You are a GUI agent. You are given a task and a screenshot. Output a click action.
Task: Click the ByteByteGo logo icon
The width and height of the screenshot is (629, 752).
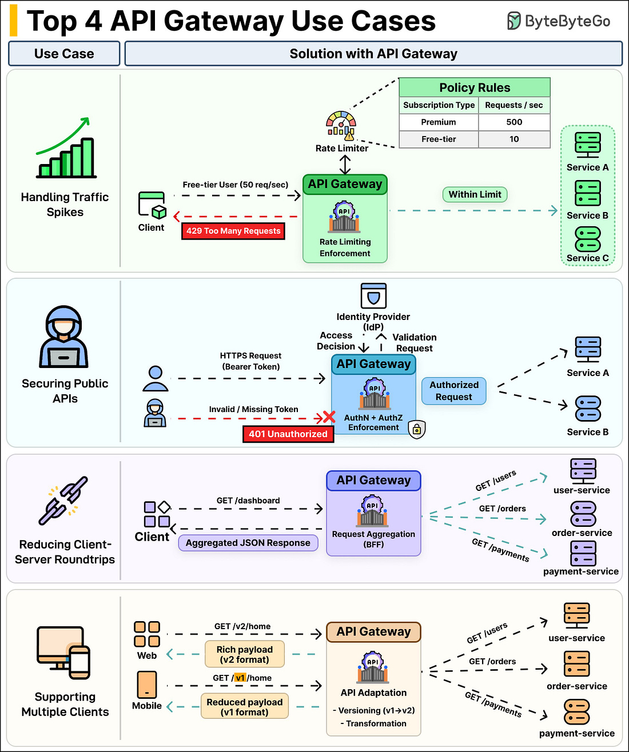click(x=514, y=21)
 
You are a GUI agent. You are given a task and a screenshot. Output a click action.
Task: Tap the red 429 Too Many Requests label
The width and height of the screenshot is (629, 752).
click(x=233, y=231)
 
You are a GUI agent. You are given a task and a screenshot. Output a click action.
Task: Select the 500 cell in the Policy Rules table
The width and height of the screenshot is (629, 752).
click(x=514, y=122)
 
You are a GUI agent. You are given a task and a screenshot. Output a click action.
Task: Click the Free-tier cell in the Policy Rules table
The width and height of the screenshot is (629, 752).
click(x=439, y=139)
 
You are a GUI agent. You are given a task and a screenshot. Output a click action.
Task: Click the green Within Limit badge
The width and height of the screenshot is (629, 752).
click(x=475, y=194)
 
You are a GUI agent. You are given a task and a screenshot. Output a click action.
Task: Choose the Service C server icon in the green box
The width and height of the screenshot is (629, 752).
click(x=587, y=239)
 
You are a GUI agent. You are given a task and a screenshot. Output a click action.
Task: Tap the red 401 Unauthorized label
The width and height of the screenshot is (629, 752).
click(x=288, y=434)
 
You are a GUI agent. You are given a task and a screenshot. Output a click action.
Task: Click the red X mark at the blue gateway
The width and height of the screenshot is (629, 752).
click(x=329, y=417)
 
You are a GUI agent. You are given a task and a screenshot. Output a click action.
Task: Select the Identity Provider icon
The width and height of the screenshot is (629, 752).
click(x=373, y=296)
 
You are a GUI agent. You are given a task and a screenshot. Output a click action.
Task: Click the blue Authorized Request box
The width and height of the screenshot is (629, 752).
click(x=454, y=391)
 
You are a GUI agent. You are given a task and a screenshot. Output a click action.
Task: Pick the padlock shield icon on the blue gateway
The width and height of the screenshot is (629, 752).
click(x=417, y=429)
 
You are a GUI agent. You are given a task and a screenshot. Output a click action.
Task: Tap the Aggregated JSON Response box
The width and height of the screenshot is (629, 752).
click(x=248, y=543)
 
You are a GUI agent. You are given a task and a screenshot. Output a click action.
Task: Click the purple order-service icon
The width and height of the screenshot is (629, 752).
click(x=583, y=514)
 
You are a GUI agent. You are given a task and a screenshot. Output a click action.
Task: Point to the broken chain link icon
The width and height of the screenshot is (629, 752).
click(x=63, y=501)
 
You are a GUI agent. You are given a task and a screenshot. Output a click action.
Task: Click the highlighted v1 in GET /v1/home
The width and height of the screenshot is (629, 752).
click(x=240, y=678)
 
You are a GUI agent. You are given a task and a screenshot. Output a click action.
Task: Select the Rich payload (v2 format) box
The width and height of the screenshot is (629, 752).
click(x=245, y=654)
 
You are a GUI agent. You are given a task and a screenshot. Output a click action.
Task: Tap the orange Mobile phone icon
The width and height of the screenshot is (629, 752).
click(x=147, y=684)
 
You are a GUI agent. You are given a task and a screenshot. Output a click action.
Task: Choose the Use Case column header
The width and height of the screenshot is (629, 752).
click(x=64, y=54)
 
